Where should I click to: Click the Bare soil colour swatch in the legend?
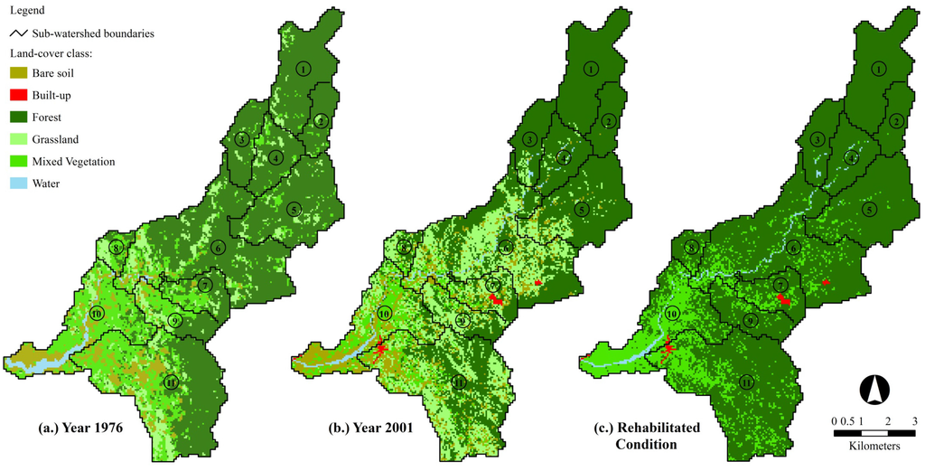17,73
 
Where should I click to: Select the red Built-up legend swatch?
17,95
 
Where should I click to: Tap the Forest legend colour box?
17,118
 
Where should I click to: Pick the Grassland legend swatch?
17,139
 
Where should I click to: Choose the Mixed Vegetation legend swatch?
17,161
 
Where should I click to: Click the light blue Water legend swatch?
17,184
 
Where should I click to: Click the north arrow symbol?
874,390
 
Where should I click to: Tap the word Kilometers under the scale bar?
874,447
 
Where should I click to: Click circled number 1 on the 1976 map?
304,69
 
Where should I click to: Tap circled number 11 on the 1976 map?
172,382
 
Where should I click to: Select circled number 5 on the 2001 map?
582,210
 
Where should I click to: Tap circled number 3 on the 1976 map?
241,139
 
